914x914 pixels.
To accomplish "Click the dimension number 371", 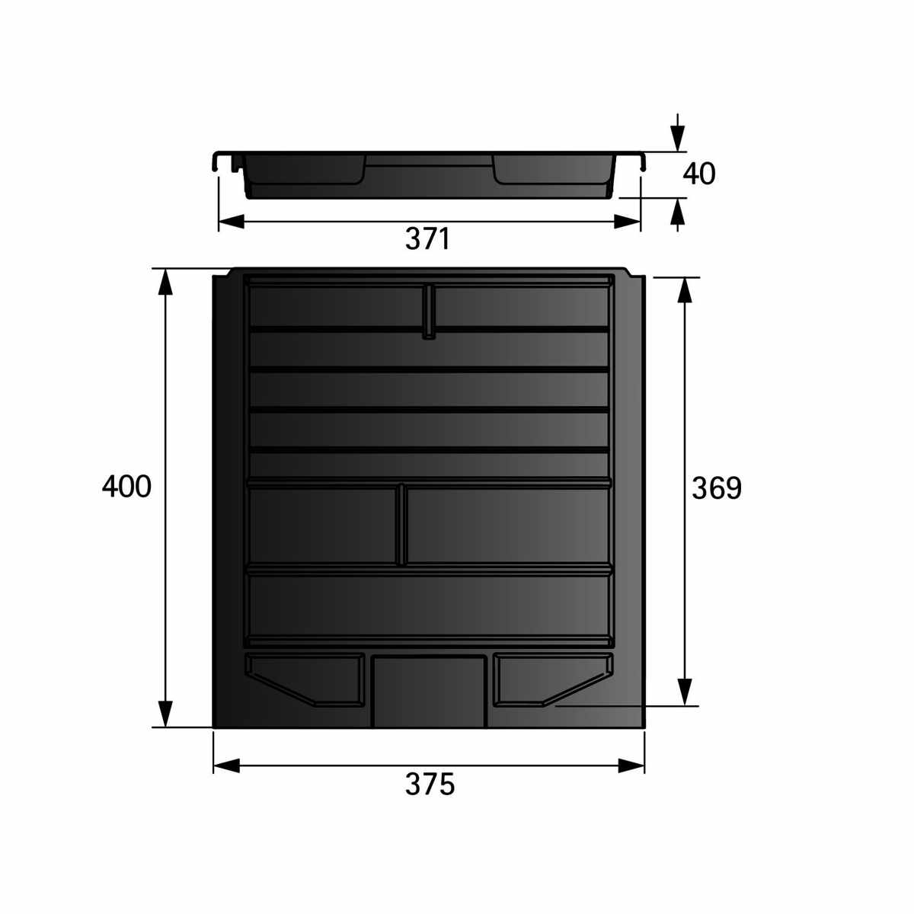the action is click(427, 238).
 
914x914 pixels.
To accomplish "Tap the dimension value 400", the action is click(126, 486).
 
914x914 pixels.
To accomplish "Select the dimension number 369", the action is click(716, 488).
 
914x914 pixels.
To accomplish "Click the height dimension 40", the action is click(698, 174).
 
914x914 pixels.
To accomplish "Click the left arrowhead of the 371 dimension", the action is click(232, 222).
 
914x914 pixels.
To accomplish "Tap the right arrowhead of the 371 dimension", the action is click(627, 222).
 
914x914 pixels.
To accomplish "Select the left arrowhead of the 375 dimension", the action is click(227, 765).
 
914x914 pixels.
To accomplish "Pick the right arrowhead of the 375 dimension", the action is click(631, 765).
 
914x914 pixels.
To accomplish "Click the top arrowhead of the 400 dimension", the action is click(165, 283).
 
